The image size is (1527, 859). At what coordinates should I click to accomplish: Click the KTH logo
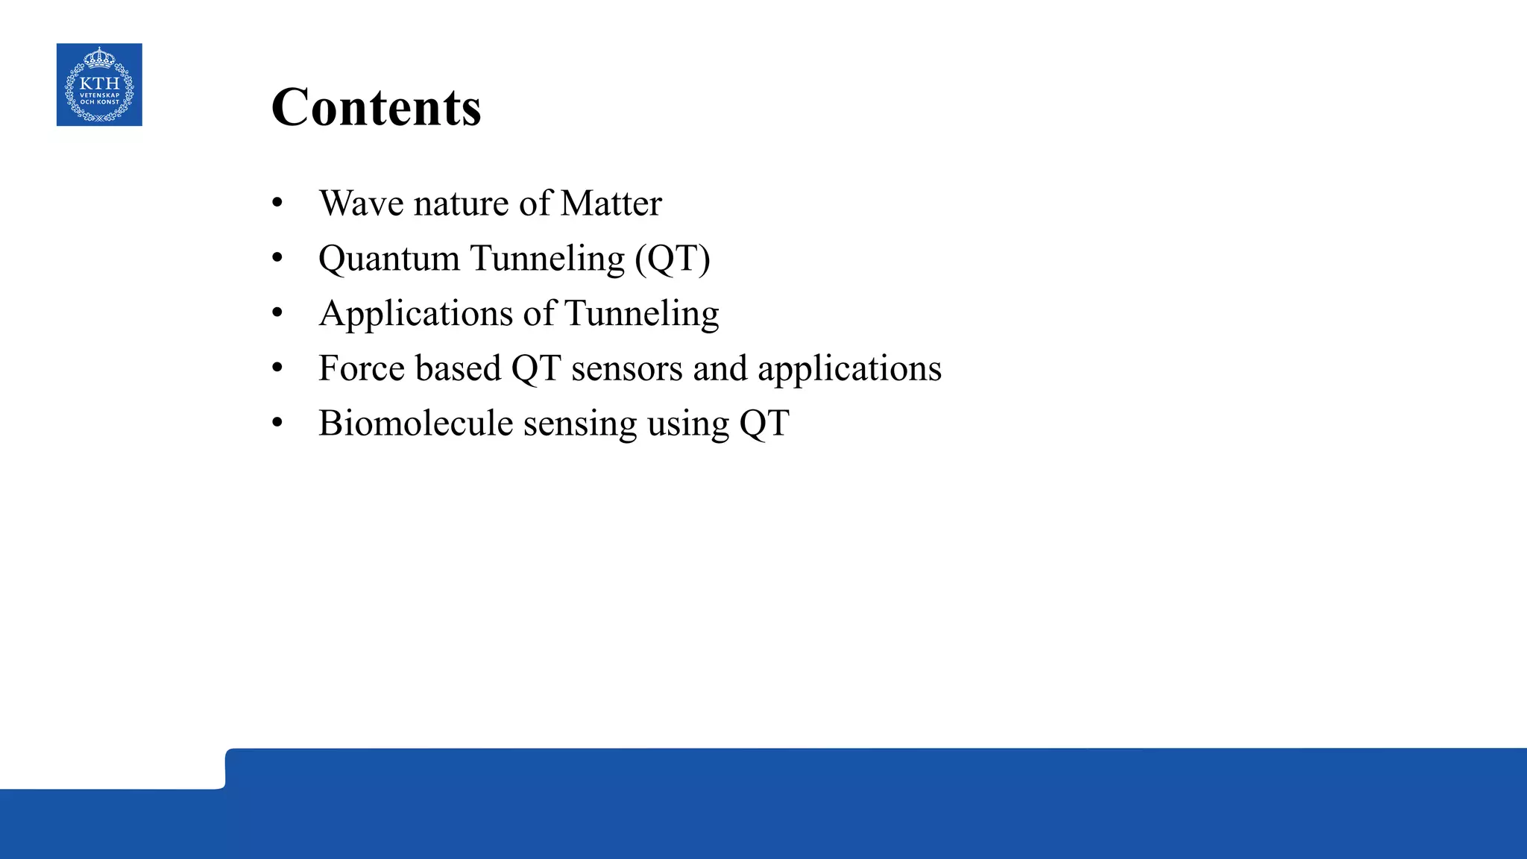[x=99, y=85]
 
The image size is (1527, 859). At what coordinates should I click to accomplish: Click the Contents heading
[x=376, y=107]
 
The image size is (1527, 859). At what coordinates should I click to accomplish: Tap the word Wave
[x=361, y=204]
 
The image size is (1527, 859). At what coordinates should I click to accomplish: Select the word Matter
[x=611, y=204]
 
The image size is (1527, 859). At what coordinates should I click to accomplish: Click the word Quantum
[x=388, y=259]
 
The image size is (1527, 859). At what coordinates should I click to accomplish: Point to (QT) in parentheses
[x=673, y=259]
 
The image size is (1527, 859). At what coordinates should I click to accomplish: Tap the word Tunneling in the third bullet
[x=642, y=314]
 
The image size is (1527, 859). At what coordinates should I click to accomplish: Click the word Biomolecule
[x=415, y=424]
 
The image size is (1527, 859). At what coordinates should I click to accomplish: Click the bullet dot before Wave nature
[x=277, y=204]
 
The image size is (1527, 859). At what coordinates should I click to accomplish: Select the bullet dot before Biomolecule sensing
[x=277, y=424]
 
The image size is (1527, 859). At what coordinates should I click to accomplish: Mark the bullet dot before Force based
[x=277, y=368]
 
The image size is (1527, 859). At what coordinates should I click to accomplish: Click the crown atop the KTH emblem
[x=99, y=58]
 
